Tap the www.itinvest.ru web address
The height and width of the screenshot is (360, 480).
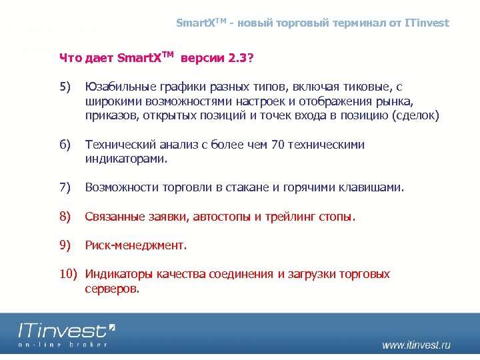416,345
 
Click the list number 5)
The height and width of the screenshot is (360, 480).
65,87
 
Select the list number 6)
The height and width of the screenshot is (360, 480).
65,145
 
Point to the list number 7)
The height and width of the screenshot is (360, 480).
65,188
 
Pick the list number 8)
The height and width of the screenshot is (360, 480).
65,217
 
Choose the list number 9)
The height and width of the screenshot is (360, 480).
65,245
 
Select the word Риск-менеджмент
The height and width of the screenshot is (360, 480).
136,245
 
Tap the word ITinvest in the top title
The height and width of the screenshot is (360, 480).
427,23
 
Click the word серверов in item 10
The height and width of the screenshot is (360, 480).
112,289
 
